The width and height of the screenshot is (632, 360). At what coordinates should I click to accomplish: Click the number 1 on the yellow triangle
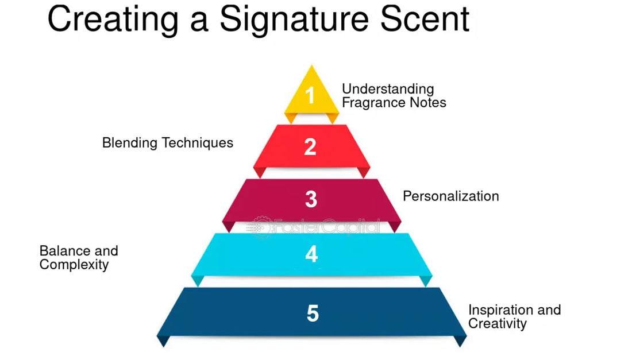[x=310, y=95]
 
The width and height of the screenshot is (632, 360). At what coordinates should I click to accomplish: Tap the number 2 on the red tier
[x=310, y=146]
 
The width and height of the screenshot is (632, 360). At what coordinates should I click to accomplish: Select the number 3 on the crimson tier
[x=311, y=199]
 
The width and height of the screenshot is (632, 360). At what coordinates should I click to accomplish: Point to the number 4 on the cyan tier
[x=311, y=254]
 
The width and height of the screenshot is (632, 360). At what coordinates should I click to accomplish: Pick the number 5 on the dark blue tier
[x=313, y=313]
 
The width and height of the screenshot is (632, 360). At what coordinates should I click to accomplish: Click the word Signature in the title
[x=294, y=20]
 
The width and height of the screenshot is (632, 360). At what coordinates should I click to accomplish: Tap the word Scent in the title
[x=425, y=19]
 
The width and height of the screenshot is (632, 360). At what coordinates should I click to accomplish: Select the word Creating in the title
[x=113, y=20]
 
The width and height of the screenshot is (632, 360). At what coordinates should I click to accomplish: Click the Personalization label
[x=450, y=196]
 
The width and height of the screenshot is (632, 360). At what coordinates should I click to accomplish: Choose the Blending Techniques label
[x=168, y=143]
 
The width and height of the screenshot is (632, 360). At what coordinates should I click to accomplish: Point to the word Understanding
[x=388, y=89]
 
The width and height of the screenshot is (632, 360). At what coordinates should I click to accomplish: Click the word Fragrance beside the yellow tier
[x=374, y=103]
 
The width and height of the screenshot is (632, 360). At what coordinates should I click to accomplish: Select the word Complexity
[x=74, y=265]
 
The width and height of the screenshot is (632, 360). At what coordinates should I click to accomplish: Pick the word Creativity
[x=498, y=324]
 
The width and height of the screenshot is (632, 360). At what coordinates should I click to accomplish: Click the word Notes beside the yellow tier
[x=428, y=103]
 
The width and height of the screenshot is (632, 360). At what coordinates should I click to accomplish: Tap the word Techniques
[x=198, y=143]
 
